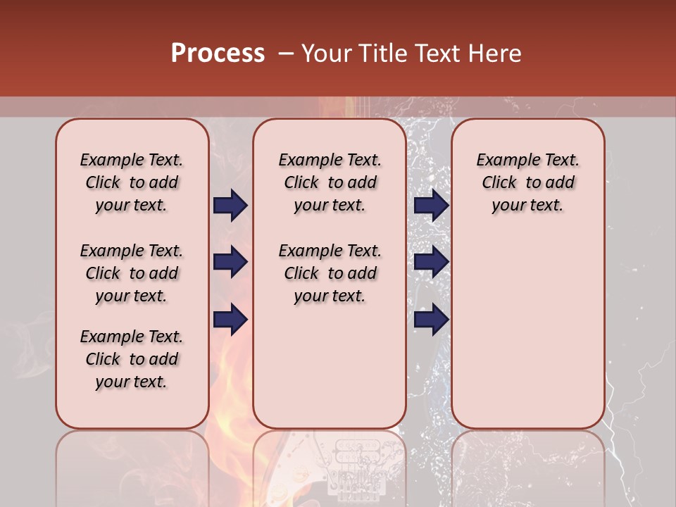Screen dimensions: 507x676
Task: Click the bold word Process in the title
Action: [x=218, y=54]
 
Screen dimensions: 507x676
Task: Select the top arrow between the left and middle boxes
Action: [x=230, y=206]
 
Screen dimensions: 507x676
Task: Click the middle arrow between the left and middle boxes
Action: [x=230, y=263]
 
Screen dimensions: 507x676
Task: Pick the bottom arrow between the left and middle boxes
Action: [x=230, y=319]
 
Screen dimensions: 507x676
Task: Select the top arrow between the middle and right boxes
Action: [x=431, y=206]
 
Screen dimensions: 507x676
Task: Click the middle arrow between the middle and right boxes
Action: [x=431, y=263]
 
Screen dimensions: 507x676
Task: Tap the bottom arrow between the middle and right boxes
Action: [x=431, y=319]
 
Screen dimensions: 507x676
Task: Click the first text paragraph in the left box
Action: [x=132, y=182]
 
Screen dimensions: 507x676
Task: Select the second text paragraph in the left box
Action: [x=132, y=273]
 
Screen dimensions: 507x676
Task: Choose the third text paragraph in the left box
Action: [x=132, y=359]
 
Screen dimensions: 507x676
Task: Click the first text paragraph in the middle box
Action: [x=330, y=182]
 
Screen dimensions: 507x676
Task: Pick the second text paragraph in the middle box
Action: [x=330, y=273]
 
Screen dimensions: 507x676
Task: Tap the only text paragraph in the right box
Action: [x=527, y=182]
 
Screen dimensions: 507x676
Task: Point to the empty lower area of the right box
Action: [x=527, y=338]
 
